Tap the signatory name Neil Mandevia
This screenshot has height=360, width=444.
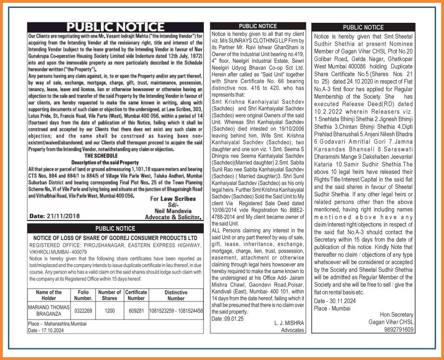pyautogui.click(x=176, y=210)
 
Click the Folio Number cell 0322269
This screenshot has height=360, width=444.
pyautogui.click(x=84, y=310)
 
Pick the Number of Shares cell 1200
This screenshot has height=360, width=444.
pyautogui.click(x=110, y=310)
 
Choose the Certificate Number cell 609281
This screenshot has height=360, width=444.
pyautogui.click(x=136, y=310)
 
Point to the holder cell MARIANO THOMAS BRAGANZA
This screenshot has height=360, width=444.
pyautogui.click(x=48, y=310)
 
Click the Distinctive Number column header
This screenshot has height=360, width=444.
pyautogui.click(x=176, y=295)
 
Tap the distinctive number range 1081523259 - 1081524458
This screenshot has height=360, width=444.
pyautogui.click(x=176, y=310)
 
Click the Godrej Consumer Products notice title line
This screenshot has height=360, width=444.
pyautogui.click(x=115, y=238)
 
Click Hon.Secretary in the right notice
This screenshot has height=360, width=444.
pyautogui.click(x=397, y=315)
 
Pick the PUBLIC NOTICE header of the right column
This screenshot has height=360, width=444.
pyautogui.click(x=363, y=27)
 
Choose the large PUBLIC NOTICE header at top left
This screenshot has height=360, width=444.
pyautogui.click(x=115, y=27)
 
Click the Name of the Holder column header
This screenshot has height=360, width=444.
pyautogui.click(x=48, y=295)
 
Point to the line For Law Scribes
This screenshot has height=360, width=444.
pyautogui.click(x=173, y=199)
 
